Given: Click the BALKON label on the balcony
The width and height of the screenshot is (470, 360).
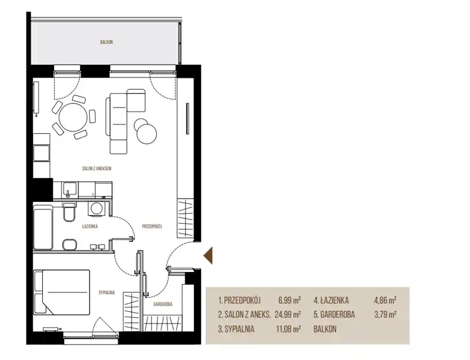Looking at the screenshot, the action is click(106, 42).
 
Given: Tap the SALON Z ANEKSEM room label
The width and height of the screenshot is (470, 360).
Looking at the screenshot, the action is click(96, 169).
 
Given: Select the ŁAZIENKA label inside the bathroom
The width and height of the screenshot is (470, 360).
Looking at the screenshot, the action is click(90, 227).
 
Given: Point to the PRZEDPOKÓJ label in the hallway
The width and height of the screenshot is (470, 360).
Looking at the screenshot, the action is click(152, 227).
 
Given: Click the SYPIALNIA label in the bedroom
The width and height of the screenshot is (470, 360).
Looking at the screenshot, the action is click(107, 293).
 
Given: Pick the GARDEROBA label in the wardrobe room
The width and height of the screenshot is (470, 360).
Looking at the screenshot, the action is click(163, 304).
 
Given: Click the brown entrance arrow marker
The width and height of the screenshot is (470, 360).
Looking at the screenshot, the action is click(208, 255).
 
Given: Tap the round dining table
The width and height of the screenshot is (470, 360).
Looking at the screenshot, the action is click(73, 117).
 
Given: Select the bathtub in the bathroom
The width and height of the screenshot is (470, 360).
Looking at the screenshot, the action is click(43, 227).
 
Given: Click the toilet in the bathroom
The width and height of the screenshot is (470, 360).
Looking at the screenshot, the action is click(69, 212).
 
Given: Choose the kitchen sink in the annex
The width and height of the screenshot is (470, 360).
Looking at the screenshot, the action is click(69, 190).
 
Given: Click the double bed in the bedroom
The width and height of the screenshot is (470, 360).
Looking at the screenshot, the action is click(62, 292).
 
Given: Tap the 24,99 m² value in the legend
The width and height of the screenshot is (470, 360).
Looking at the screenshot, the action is click(288, 314).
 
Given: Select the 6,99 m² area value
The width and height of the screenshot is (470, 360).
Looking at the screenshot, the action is click(290, 300).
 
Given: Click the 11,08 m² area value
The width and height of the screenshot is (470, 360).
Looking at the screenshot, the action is click(288, 329).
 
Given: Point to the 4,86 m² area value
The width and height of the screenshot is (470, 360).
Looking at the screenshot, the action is click(385, 300).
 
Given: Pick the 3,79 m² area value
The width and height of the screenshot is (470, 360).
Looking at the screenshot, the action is click(385, 314).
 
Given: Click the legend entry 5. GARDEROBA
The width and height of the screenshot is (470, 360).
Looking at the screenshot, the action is click(334, 314).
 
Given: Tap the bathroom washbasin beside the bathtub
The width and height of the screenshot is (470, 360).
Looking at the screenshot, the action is click(70, 244).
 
